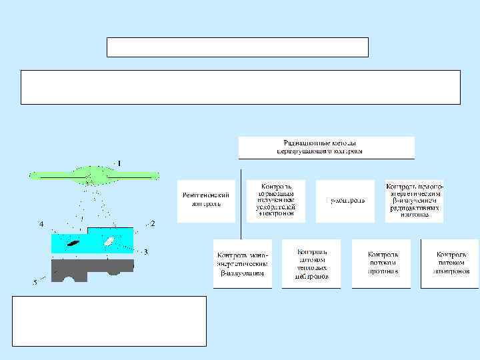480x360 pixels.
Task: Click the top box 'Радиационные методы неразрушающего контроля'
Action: coord(327,147)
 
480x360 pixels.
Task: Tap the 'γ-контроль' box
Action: coord(345,200)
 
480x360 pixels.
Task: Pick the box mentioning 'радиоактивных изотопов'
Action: coord(415,200)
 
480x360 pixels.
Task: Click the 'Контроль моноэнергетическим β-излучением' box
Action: coord(242,263)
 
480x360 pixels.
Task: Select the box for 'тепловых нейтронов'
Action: coord(311,263)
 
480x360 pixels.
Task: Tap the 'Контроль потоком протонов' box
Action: coord(381,263)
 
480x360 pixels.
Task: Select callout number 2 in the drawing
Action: coord(153,223)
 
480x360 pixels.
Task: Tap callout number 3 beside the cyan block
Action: coord(145,251)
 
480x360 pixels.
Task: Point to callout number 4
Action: coord(41,224)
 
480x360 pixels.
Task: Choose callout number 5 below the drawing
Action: coord(35,283)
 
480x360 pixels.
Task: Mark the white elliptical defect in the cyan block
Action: coord(108,241)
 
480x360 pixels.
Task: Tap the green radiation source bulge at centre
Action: coord(93,175)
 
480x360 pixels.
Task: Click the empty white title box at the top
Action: coord(237,47)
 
